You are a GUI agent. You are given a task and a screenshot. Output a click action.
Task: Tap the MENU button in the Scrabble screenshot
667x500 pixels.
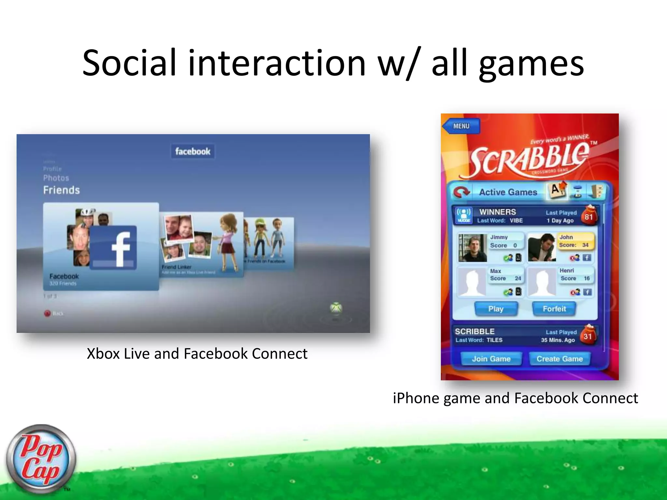click(461, 126)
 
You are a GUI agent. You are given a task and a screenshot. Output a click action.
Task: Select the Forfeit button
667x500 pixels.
click(554, 309)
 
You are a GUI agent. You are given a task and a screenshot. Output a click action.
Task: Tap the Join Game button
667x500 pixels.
click(491, 359)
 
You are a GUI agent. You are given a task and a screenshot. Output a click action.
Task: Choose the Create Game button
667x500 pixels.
click(560, 359)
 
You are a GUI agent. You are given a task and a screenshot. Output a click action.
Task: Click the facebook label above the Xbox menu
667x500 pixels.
click(193, 151)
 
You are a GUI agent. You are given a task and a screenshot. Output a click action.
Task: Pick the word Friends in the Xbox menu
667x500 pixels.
click(62, 190)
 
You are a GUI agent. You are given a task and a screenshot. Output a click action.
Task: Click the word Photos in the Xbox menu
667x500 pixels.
click(56, 178)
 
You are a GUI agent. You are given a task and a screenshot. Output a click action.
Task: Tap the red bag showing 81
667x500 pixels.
click(589, 215)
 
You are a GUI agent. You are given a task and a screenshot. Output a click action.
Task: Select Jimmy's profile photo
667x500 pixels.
click(473, 248)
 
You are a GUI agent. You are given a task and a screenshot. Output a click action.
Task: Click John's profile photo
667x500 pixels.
click(542, 248)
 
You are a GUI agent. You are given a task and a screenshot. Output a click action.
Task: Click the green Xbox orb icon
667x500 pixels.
click(336, 308)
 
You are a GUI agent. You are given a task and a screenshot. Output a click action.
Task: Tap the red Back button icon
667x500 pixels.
click(48, 313)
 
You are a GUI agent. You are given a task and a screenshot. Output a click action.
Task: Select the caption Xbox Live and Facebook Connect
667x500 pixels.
click(197, 354)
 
